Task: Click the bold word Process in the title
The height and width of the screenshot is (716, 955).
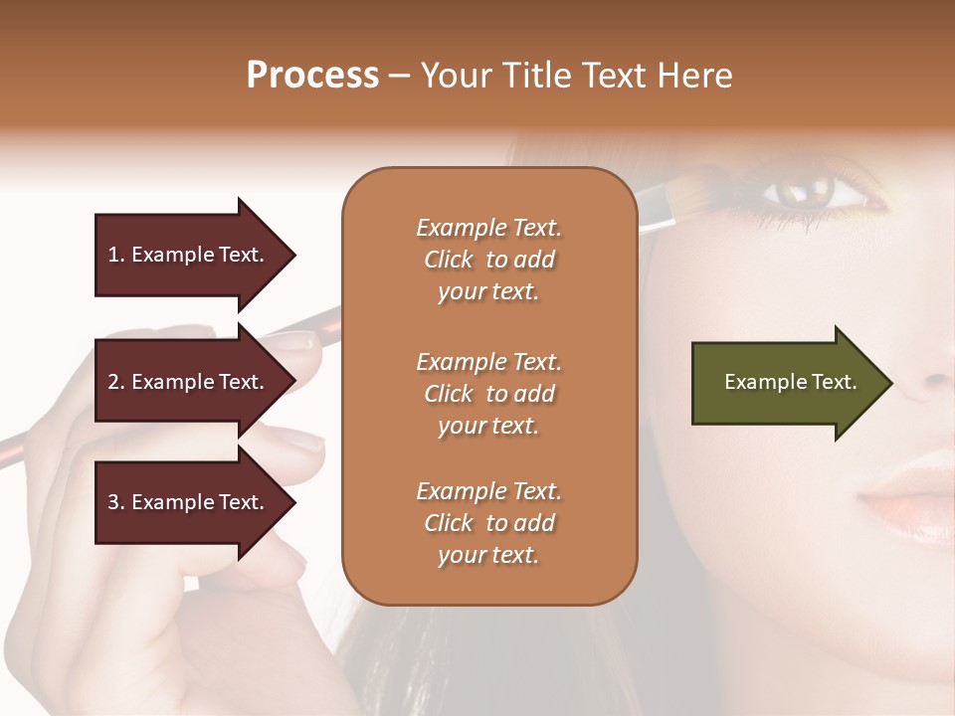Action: (x=312, y=76)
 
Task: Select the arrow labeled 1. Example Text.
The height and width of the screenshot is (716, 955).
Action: (x=189, y=255)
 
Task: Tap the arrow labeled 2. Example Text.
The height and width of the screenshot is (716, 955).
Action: (x=189, y=382)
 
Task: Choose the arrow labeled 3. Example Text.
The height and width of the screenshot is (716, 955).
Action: (x=189, y=502)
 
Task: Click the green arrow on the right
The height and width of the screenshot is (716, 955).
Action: (x=786, y=382)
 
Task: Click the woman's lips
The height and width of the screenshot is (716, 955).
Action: (x=910, y=497)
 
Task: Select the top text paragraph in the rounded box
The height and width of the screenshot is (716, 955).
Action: (x=488, y=260)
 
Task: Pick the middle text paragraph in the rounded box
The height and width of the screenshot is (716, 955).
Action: (x=488, y=393)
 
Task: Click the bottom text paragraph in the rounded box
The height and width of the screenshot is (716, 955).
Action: (x=488, y=523)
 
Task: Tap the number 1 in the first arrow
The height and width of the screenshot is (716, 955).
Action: (x=113, y=255)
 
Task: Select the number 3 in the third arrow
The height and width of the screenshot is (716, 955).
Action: (x=113, y=502)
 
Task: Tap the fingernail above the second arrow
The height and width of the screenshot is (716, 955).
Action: (x=293, y=341)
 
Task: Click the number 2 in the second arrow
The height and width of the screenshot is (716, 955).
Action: (x=113, y=382)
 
